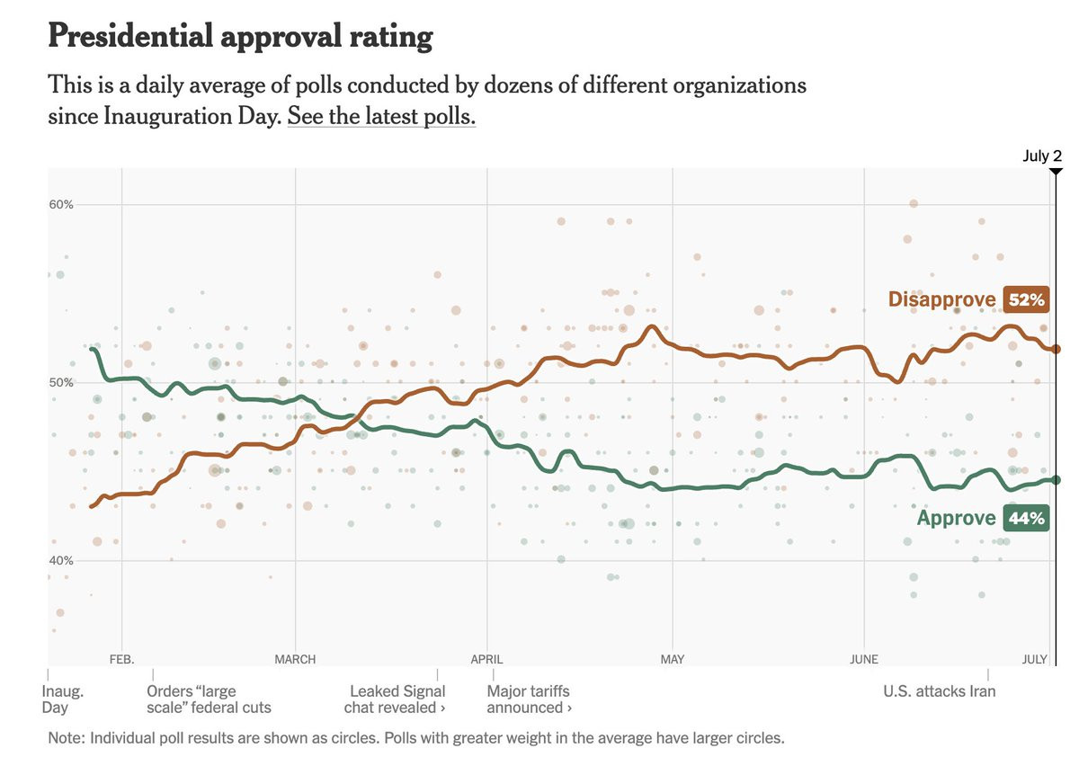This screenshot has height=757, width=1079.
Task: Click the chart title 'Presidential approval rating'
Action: [240, 37]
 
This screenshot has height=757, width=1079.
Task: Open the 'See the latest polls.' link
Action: [381, 116]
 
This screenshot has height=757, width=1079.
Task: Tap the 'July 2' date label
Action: [1042, 156]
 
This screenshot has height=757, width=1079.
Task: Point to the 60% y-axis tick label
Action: [60, 204]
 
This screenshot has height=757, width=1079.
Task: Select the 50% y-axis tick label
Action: [60, 383]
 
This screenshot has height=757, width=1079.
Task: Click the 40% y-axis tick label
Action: [60, 560]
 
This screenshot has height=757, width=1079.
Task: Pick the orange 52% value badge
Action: [1026, 299]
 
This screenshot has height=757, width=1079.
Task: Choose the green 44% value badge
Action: [1026, 518]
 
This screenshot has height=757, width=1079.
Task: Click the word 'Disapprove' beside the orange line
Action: [941, 299]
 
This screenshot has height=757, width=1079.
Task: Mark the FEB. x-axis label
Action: [121, 659]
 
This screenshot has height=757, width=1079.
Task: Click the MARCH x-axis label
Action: [295, 659]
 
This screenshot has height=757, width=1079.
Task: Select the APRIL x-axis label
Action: [487, 659]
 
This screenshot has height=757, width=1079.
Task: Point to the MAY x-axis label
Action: [673, 659]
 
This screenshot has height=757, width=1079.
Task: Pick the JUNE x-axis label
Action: [863, 659]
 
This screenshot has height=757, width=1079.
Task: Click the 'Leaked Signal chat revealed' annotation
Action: [397, 699]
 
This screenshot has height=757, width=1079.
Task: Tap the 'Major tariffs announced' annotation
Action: [530, 699]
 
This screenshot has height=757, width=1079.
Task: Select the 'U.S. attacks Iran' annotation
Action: [940, 691]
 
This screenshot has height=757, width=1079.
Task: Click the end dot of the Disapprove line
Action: [1057, 349]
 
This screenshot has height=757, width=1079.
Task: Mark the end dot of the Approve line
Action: [1057, 480]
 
